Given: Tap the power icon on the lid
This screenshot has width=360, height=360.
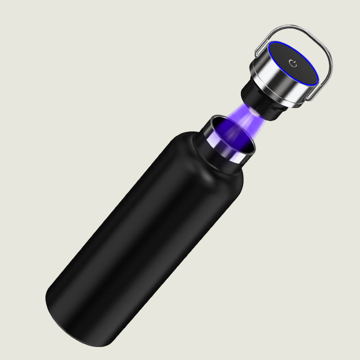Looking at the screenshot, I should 293,63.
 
